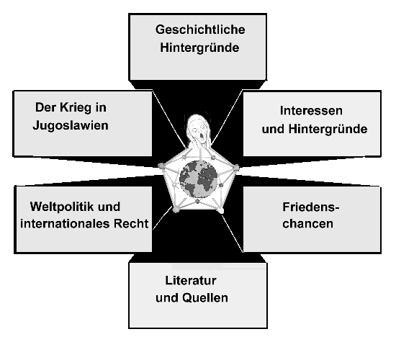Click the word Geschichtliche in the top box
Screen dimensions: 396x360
(200, 30)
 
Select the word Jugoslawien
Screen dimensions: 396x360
(71, 125)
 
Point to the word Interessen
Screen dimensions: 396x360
(311, 111)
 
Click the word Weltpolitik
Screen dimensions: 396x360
(62, 207)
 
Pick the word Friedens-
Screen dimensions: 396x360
(311, 207)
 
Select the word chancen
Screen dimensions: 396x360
(308, 224)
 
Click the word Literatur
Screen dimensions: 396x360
(191, 281)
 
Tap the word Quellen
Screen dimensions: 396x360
(205, 298)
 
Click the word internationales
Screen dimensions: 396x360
(66, 224)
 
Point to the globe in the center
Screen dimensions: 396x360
(199, 179)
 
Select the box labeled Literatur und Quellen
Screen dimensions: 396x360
(198, 295)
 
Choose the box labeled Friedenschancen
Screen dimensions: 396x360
(312, 220)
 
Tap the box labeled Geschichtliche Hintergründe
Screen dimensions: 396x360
(198, 47)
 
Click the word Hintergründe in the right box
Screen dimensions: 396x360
(328, 129)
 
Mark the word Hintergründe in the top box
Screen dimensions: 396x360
(199, 48)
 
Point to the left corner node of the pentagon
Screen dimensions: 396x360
(161, 166)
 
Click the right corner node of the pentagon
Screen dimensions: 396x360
(236, 167)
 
